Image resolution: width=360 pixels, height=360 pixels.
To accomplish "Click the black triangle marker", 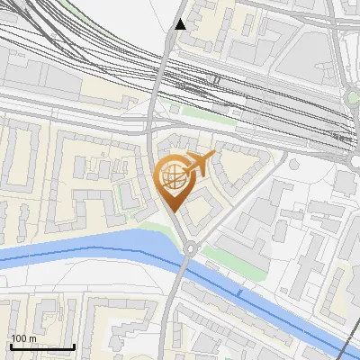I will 181,24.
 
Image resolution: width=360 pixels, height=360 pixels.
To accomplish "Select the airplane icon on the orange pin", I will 199,164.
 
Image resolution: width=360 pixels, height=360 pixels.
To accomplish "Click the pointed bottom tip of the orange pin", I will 174,211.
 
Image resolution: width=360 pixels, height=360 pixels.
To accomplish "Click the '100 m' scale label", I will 23,338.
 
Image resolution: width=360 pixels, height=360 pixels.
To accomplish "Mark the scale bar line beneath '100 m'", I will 41,346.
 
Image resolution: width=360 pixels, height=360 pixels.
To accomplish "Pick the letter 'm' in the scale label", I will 32,338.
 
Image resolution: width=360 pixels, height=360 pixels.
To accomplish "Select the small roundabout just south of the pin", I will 189,247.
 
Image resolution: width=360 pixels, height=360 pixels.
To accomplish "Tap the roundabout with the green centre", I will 353,97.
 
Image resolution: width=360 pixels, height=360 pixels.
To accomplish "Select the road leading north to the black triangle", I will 167,63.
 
